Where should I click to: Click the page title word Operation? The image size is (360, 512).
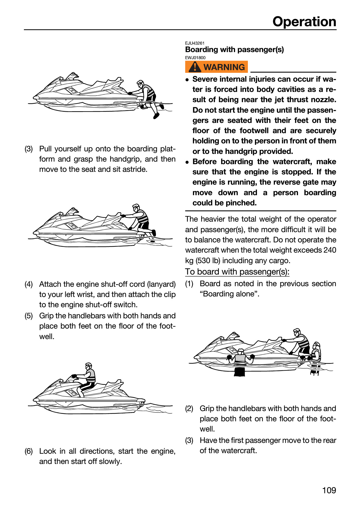coord(304,22)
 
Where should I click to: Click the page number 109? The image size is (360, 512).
coord(329,490)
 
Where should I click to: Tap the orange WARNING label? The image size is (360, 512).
coord(217,67)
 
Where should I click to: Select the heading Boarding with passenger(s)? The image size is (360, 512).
coord(234,49)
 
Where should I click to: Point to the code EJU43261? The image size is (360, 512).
coord(195,43)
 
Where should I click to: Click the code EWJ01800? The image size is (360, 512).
coord(195,58)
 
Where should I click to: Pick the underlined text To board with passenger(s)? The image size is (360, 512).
coord(237,272)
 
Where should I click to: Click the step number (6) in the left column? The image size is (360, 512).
coord(29,451)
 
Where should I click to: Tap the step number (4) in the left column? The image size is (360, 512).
coord(29,284)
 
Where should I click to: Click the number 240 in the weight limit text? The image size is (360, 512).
coord(330,250)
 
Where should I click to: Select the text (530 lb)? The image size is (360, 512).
coord(208,261)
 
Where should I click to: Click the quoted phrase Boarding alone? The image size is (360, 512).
coord(230,294)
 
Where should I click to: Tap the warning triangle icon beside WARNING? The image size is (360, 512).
coord(195,67)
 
